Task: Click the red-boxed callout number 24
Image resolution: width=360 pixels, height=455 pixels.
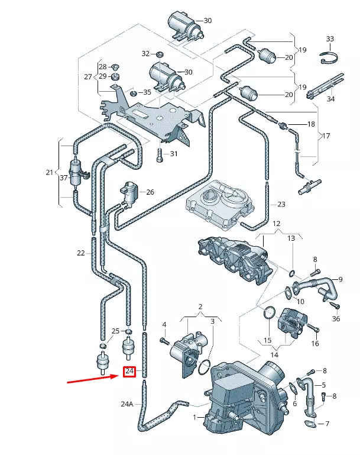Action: (x=129, y=372)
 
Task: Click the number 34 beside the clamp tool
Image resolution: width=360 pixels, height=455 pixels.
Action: (x=330, y=98)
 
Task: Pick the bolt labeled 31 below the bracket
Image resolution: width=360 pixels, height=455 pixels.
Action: (x=159, y=156)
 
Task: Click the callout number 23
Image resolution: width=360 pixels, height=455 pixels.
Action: (x=281, y=204)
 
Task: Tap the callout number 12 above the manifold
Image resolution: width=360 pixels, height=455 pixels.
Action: (x=276, y=224)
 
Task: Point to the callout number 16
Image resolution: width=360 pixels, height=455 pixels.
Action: (x=315, y=343)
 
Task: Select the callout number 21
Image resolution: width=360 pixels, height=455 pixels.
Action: (x=49, y=172)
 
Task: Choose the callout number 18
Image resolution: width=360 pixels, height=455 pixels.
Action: (x=311, y=124)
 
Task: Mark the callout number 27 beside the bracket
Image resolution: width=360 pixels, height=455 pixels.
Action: (x=88, y=77)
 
